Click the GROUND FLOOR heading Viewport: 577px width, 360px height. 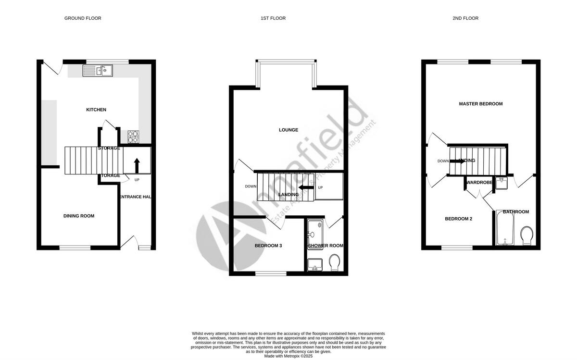point(83,18)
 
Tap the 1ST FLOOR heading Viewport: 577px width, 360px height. point(273,18)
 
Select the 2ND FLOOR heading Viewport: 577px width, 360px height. point(465,18)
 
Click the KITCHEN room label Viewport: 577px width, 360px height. point(96,110)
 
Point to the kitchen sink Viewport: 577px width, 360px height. point(98,71)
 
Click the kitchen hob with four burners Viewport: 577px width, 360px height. point(133,137)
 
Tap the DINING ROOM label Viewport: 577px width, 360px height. point(79,216)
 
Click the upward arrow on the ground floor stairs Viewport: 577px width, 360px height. point(137,165)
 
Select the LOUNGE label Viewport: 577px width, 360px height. point(288,130)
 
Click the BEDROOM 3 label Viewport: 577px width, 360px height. point(268,246)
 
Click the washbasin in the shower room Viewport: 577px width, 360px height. point(315,264)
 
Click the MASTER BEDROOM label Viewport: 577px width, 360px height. point(481,104)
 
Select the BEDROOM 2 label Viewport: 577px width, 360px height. point(458,219)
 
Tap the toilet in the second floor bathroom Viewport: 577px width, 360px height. point(527,236)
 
